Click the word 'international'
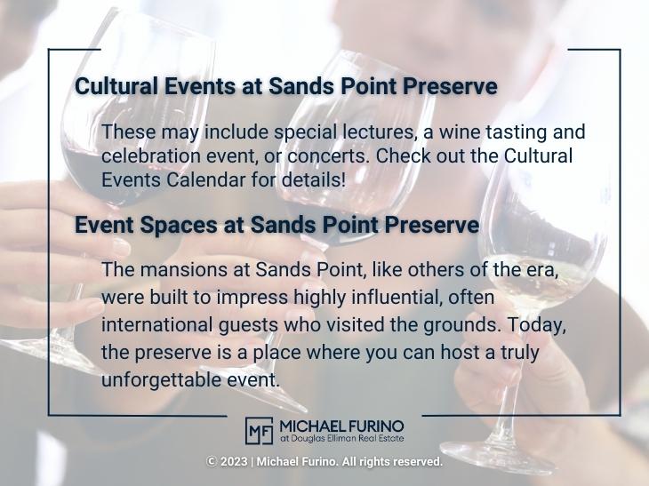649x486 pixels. pos(156,324)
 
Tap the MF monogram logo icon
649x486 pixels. pos(259,431)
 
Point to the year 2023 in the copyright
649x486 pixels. pos(234,462)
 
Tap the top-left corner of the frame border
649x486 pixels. pos(49,50)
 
